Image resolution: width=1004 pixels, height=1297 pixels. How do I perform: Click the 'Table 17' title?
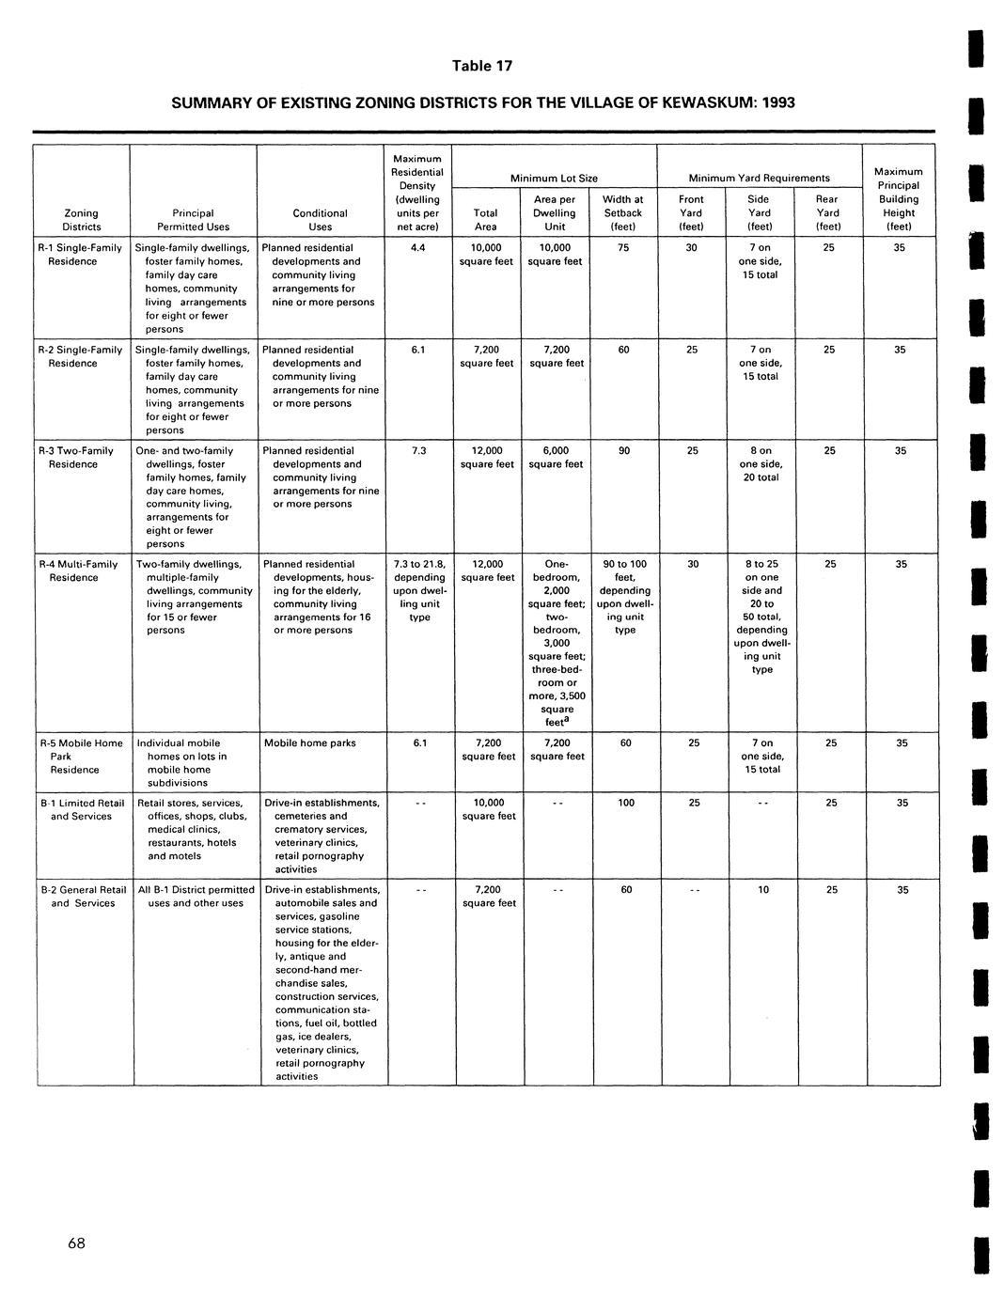coord(482,66)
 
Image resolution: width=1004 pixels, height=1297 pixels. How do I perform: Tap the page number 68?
coord(76,1243)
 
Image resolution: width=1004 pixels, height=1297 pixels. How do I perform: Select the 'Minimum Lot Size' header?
coord(554,178)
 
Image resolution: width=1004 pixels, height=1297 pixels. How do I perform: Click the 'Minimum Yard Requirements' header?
coord(759,178)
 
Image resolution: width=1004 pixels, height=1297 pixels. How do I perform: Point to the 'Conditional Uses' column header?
coord(320,220)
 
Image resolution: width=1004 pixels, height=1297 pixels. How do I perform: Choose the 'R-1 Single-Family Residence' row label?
coord(80,255)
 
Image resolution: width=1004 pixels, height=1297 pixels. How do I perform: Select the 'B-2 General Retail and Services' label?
coord(83,897)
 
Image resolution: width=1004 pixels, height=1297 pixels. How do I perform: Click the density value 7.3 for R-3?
coord(419,451)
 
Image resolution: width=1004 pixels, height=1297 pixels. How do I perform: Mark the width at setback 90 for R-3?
coord(624,451)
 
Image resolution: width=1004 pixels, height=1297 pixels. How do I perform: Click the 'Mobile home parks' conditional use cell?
coord(310,743)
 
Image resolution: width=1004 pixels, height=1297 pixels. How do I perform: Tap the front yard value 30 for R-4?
coord(693,564)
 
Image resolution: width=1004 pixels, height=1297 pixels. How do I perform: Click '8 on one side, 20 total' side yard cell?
coord(761,464)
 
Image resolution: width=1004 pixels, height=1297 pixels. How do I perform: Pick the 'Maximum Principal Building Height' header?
coord(899,198)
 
